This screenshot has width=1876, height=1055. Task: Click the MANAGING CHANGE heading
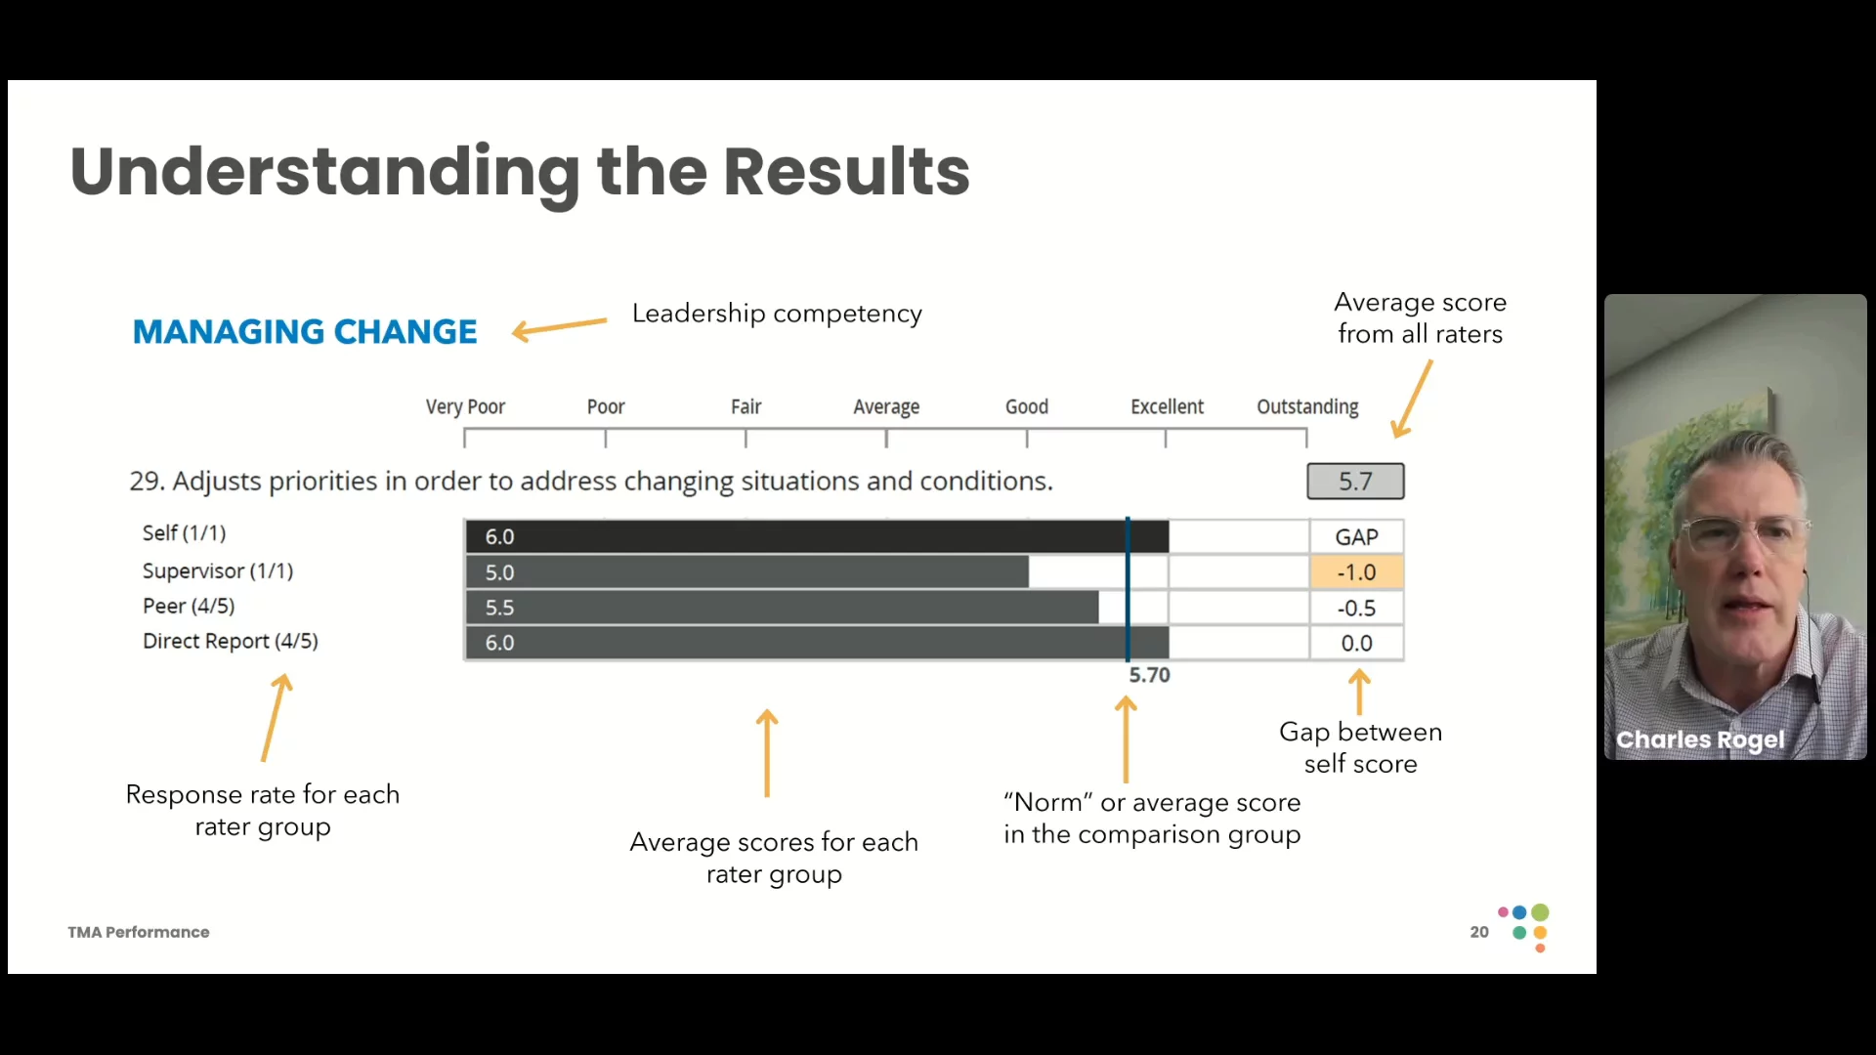[305, 332]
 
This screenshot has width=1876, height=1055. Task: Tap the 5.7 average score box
[1355, 482]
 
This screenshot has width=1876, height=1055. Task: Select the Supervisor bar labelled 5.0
[746, 572]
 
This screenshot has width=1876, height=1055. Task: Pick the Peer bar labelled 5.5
[782, 608]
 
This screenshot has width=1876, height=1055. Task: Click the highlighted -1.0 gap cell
[1356, 572]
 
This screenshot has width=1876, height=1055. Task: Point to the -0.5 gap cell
[1356, 608]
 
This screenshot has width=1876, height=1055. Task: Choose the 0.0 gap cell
[1356, 643]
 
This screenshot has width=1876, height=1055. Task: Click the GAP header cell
[1356, 537]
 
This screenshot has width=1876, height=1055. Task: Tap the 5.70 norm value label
[1149, 675]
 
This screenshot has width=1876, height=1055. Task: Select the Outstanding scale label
[1307, 406]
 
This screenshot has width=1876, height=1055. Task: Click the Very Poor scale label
[465, 406]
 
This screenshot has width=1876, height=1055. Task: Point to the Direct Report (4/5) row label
[231, 641]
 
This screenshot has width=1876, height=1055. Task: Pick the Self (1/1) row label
[184, 532]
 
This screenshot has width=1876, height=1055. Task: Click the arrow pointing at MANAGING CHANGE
[559, 328]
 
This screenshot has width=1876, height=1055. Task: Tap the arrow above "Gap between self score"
[1359, 692]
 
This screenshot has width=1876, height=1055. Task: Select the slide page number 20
[1479, 932]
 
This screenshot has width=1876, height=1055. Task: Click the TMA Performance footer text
[139, 932]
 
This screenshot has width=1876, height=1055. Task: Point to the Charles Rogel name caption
[1700, 739]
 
